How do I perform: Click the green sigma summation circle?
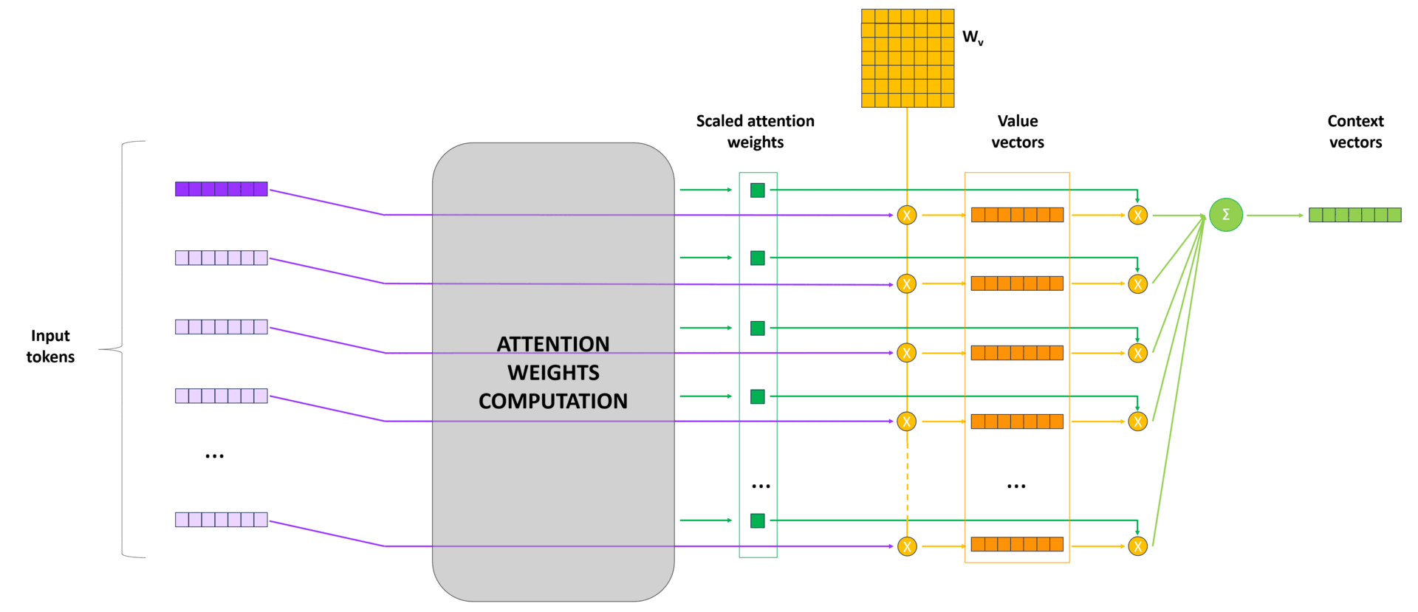[x=1225, y=215]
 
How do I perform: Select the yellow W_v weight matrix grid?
[x=908, y=58]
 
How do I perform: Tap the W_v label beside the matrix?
[x=973, y=38]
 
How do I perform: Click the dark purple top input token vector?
[x=221, y=189]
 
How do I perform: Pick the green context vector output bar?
[x=1354, y=215]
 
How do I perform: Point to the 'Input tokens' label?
[x=50, y=346]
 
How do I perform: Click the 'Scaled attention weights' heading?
[x=755, y=131]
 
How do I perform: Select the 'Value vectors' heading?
[x=1017, y=131]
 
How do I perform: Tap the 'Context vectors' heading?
[x=1355, y=131]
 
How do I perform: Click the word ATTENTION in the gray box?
[x=553, y=344]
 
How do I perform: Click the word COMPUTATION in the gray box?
[x=553, y=401]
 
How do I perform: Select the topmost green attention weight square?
[x=757, y=190]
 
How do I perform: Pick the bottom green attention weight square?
[x=757, y=520]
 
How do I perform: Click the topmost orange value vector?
[x=1017, y=215]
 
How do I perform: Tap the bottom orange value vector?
[x=1017, y=544]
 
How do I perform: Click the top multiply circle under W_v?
[x=907, y=215]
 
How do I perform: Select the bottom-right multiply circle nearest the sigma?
[x=1137, y=546]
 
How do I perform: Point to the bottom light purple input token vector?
[x=221, y=520]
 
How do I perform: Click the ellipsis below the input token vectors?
[x=214, y=456]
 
